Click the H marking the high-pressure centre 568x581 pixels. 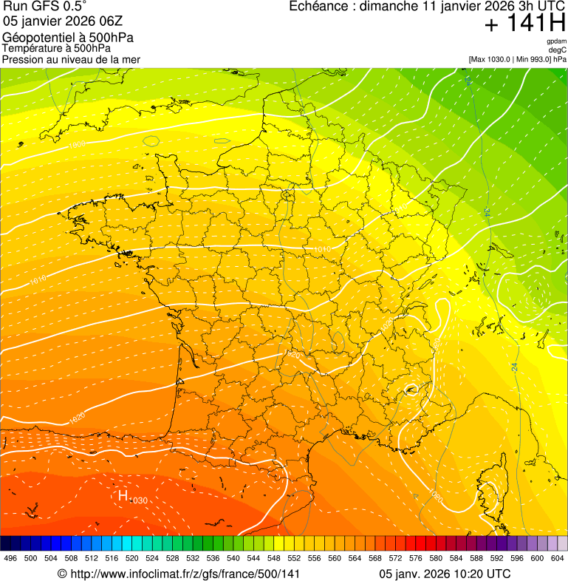(x=123, y=495)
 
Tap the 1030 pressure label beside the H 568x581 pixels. (x=139, y=501)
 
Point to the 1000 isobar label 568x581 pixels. (x=77, y=145)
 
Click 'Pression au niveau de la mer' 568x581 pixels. (x=72, y=59)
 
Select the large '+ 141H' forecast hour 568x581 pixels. (x=524, y=24)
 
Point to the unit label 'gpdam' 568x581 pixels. (x=556, y=41)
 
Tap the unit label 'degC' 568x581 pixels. (x=558, y=50)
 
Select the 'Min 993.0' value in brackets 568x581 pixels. (x=532, y=59)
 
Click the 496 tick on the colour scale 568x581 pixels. (x=10, y=558)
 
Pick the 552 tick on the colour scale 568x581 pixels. (x=294, y=558)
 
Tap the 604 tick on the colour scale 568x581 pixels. (x=558, y=558)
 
